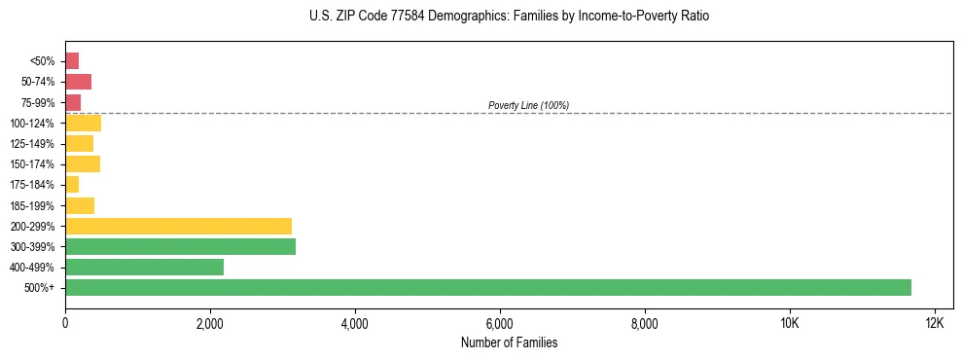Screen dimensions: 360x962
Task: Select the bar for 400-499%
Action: coord(144,267)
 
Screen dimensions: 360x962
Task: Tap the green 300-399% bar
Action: coord(180,246)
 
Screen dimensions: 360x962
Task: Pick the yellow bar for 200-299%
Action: coord(178,226)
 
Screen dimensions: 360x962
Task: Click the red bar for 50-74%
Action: coord(78,82)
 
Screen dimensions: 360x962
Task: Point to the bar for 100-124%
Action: coord(83,123)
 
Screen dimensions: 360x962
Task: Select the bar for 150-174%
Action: coord(83,163)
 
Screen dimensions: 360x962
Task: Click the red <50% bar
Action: coord(72,60)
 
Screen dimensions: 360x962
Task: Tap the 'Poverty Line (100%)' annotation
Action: coord(528,105)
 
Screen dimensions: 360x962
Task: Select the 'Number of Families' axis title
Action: coord(509,342)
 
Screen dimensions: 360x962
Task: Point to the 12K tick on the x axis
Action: coord(934,323)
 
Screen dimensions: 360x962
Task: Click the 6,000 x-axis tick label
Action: coord(500,323)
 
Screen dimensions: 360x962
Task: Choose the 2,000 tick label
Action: coord(210,323)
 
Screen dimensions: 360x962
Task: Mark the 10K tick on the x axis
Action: coord(789,323)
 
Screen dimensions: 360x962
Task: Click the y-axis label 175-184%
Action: coord(32,185)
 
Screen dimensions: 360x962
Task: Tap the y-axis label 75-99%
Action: coord(35,102)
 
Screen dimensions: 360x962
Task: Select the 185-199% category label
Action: coord(32,205)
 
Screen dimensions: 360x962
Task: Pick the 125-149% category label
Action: coord(32,143)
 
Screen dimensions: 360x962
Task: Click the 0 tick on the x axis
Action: coord(65,323)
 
